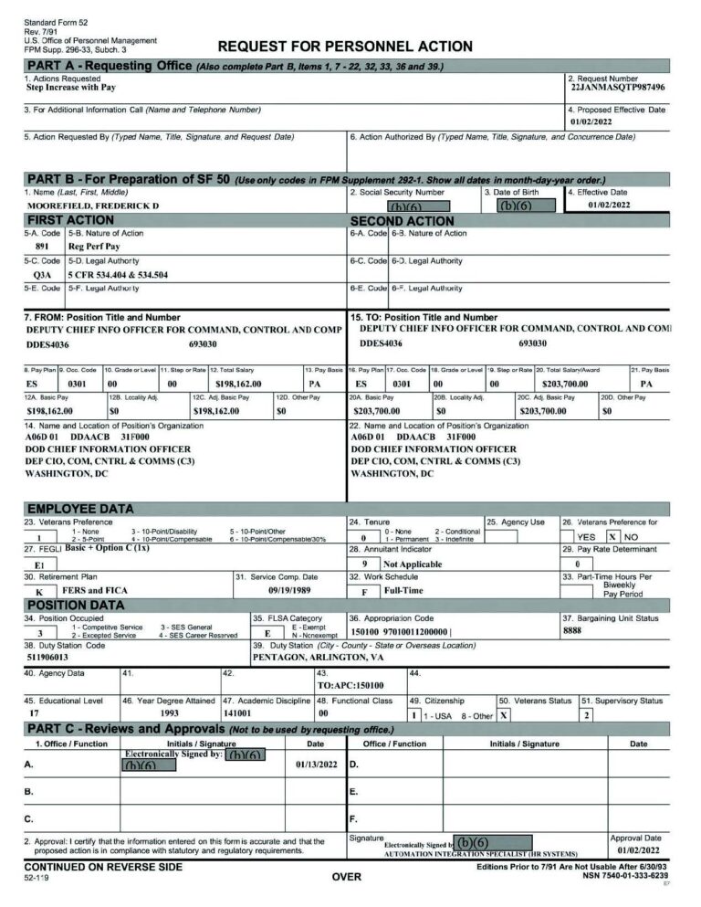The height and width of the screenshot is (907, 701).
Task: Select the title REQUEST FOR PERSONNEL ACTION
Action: coord(345,47)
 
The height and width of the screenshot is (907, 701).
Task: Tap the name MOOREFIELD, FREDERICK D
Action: coord(92,206)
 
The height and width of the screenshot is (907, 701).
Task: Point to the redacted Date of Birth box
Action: coord(525,206)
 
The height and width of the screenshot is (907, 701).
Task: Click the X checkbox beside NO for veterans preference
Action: coord(614,536)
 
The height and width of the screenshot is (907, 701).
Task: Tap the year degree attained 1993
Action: coord(169,712)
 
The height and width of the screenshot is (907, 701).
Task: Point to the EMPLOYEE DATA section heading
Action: coord(80,509)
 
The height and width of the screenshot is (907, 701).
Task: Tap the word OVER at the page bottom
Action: coord(346,877)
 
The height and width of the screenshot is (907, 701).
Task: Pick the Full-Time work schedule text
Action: coord(403,591)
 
